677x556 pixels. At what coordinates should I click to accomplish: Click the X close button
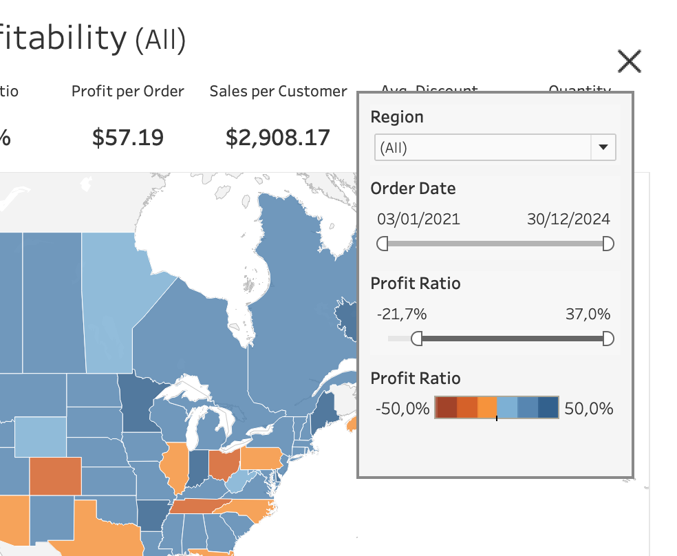coord(630,62)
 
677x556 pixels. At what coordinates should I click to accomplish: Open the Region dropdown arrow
coord(603,147)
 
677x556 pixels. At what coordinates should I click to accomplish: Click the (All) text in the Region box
coord(394,147)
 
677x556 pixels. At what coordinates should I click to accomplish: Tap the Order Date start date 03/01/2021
coord(418,220)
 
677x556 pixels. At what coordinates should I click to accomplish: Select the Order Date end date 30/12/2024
coord(568,220)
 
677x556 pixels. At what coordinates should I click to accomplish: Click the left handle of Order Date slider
coord(383,244)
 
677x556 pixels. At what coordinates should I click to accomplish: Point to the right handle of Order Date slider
coord(608,244)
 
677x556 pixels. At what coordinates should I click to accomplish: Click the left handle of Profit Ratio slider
coord(416,339)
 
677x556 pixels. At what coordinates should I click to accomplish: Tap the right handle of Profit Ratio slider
coord(608,339)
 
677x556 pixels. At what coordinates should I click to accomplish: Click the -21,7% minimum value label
coord(402,314)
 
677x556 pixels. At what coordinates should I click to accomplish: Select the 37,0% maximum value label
coord(588,314)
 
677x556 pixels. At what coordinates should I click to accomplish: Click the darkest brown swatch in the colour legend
coord(446,408)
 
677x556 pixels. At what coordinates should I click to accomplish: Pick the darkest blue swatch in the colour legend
coord(548,408)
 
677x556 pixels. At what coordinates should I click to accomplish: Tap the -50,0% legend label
coord(402,409)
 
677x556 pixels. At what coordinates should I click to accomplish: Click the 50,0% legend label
coord(588,409)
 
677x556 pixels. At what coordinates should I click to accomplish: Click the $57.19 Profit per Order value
coord(128,138)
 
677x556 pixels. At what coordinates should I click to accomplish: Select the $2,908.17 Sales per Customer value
coord(278,138)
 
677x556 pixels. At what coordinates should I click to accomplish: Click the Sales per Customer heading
coord(278,92)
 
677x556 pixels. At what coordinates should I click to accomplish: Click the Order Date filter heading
coord(413,189)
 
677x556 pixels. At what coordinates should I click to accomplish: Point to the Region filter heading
coord(397,117)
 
